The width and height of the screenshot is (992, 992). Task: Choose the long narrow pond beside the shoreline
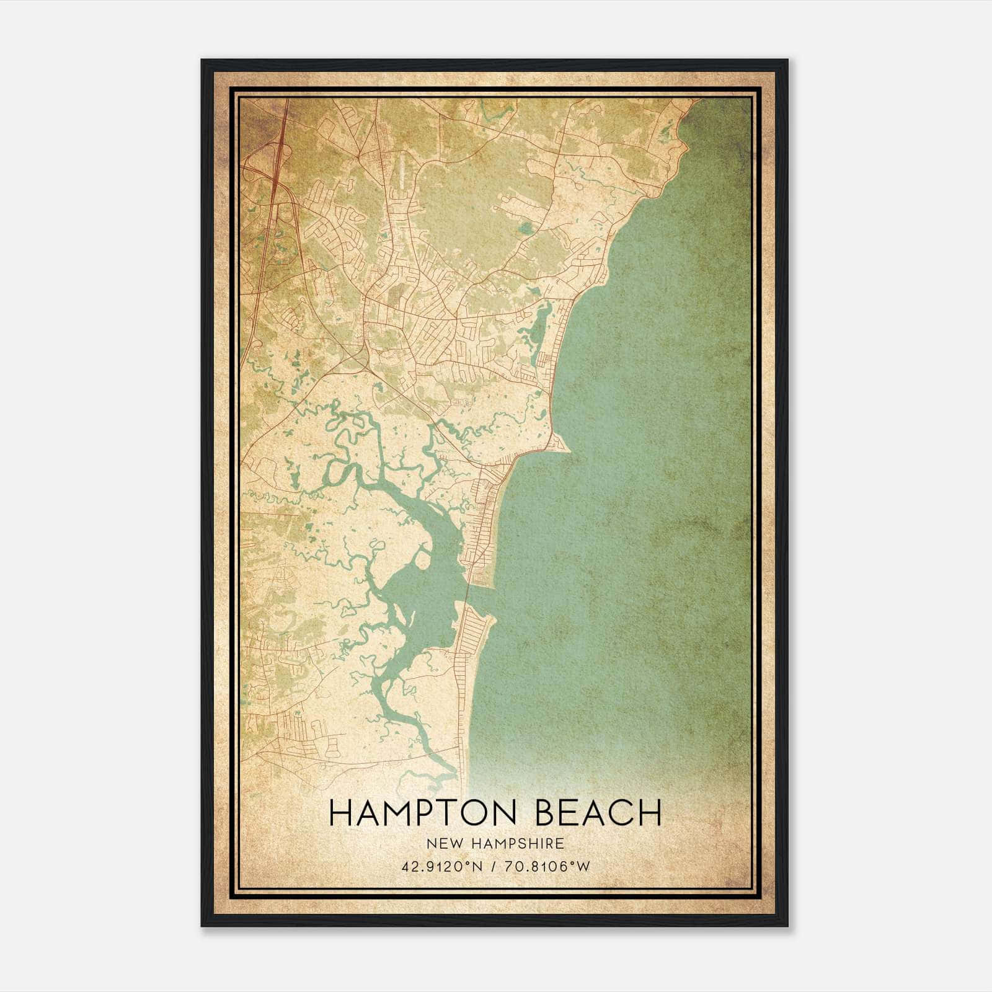click(x=536, y=325)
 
